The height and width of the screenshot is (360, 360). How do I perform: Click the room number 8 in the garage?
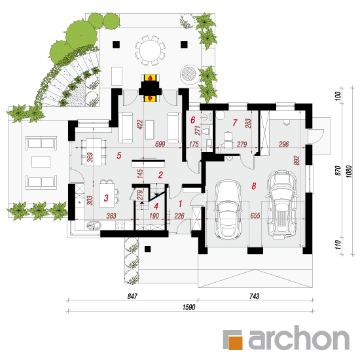click(253, 186)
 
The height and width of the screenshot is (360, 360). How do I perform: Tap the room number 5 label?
click(118, 155)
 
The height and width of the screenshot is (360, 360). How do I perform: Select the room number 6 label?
click(192, 120)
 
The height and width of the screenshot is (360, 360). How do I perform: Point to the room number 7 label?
click(234, 122)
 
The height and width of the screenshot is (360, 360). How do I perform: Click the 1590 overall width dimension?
click(189, 307)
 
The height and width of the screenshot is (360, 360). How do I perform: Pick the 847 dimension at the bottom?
click(132, 296)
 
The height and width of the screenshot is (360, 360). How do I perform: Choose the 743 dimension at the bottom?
click(254, 296)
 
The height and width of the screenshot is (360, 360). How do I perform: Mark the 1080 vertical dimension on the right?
click(348, 171)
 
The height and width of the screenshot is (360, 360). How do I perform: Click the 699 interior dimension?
click(160, 144)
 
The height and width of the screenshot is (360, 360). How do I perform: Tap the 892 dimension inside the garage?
click(297, 160)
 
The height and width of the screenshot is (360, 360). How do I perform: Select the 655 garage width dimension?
click(255, 215)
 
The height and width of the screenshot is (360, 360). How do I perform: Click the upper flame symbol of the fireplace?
click(150, 78)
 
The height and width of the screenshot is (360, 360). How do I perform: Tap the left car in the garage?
click(228, 209)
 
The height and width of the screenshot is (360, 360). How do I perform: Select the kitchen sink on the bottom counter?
click(94, 225)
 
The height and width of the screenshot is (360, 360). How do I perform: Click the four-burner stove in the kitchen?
click(120, 225)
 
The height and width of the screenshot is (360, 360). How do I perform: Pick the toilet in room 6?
click(205, 132)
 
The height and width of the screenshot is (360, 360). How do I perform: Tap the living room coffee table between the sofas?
click(150, 130)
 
